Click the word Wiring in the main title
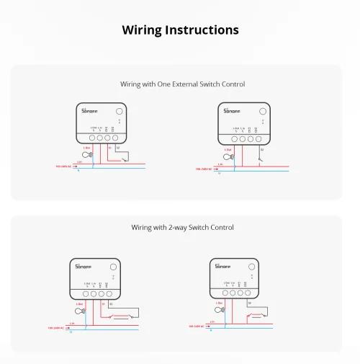coord(142,30)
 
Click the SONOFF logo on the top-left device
coord(89,112)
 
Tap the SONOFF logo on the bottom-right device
coord(222,266)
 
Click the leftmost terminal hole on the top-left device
coord(93,137)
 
